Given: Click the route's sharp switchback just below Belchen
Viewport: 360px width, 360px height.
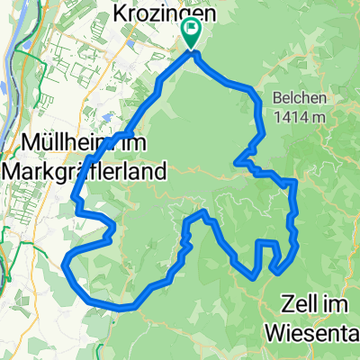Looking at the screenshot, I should (x=238, y=163).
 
